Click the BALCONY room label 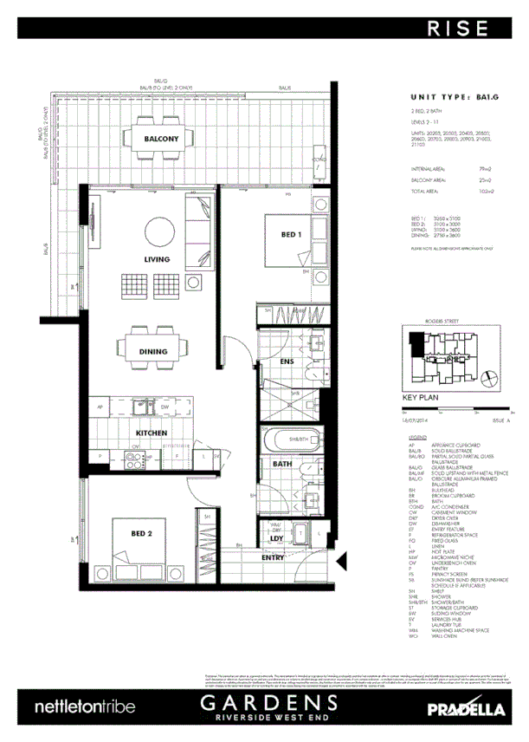coord(161,140)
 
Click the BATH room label coord(283,464)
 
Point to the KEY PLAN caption coord(423,400)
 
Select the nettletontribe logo coord(85,707)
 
